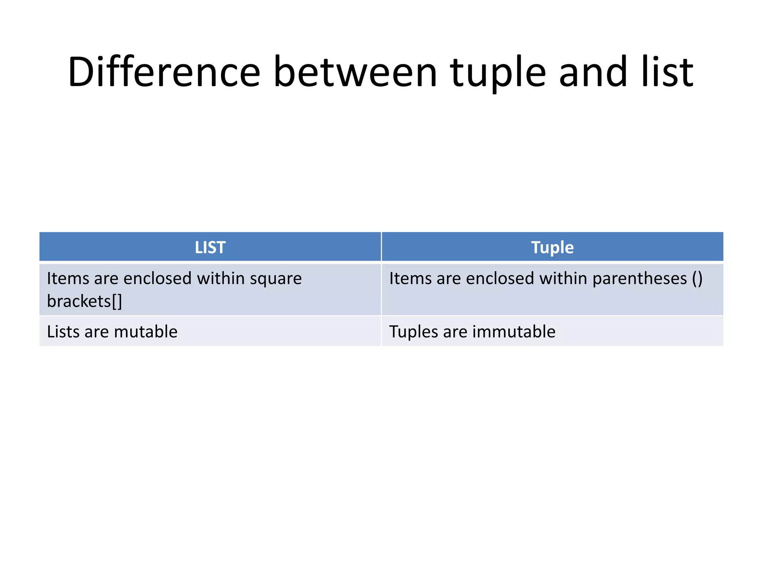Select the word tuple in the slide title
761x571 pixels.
498,73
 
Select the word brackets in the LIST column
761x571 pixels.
79,301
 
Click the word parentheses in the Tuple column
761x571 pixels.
639,279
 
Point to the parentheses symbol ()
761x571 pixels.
697,279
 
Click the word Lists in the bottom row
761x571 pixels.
63,332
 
